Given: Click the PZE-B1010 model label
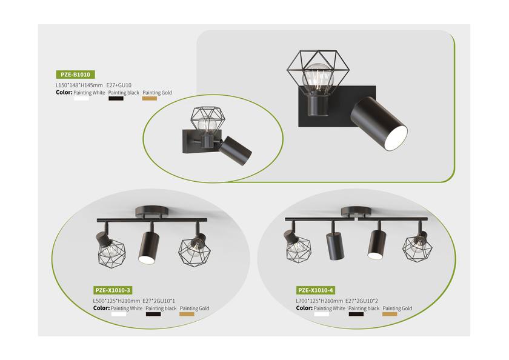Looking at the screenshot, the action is coord(75,75).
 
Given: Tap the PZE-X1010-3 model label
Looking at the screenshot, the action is coord(113,290).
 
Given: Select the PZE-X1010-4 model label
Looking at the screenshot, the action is coord(316,290).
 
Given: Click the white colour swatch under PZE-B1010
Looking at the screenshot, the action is coord(81,99).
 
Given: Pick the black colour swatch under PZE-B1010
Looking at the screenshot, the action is coord(116,99).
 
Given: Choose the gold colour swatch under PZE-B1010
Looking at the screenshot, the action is coord(150,99).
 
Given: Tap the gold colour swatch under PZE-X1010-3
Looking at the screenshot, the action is coord(187,314).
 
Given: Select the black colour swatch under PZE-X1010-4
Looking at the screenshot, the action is coord(356,314).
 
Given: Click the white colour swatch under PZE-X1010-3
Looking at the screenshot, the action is coord(119,314).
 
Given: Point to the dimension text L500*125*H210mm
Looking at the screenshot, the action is coord(116,301).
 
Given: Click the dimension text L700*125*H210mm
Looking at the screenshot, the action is coord(319,301).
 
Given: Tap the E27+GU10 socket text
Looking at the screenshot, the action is coord(119,85).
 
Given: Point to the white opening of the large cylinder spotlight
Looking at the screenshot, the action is coord(396,138).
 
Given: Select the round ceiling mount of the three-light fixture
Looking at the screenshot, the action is coord(152,212).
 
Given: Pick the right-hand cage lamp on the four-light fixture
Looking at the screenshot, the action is coord(418,247).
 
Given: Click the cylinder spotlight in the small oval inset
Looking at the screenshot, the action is coord(235,151).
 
